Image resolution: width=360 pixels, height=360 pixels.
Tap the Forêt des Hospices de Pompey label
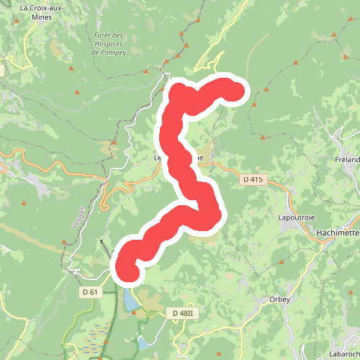109,43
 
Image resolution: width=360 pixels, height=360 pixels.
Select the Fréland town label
347,159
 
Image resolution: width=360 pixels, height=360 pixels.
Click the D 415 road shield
253,179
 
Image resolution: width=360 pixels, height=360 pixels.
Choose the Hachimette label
338,233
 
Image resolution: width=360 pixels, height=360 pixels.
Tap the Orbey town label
279,299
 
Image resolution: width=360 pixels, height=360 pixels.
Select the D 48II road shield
185,313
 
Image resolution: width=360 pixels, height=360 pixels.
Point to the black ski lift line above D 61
107,248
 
